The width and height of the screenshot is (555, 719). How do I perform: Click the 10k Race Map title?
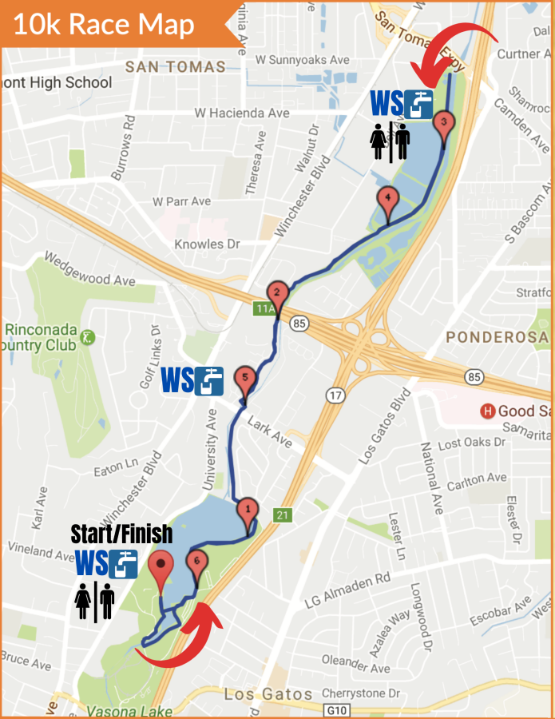pyautogui.click(x=104, y=24)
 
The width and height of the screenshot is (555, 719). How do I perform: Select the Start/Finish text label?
pyautogui.click(x=121, y=534)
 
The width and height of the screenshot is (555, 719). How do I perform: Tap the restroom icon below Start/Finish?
pyautogui.click(x=95, y=602)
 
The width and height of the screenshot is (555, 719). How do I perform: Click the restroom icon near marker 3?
pyautogui.click(x=390, y=142)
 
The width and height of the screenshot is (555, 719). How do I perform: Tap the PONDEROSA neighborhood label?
pyautogui.click(x=498, y=337)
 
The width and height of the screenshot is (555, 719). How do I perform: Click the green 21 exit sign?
pyautogui.click(x=282, y=515)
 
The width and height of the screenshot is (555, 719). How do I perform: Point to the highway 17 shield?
pyautogui.click(x=334, y=395)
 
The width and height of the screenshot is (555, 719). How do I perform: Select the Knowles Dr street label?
pyautogui.click(x=207, y=244)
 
